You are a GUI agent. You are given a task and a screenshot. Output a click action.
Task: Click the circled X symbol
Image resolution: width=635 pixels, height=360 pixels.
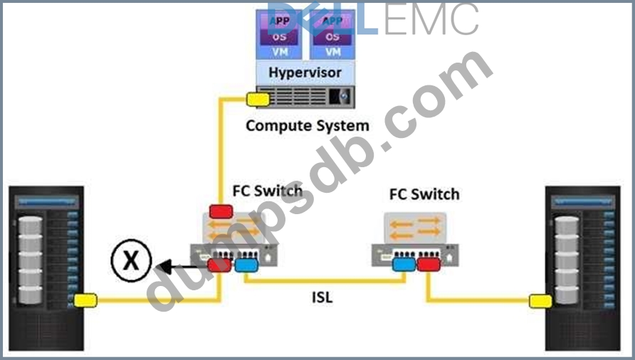click(130, 261)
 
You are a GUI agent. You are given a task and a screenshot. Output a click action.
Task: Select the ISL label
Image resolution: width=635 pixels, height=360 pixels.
click(322, 297)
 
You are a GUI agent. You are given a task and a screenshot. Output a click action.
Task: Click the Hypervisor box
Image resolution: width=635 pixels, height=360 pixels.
click(305, 73)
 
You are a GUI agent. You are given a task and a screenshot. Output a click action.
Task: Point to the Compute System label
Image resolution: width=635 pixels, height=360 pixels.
click(308, 126)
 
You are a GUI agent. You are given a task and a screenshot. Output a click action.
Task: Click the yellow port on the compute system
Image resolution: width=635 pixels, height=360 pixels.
click(257, 100)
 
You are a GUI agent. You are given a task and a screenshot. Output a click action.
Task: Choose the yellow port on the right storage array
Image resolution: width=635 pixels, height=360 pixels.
click(540, 301)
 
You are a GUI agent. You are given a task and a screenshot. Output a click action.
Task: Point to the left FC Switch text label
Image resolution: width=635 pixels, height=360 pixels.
click(267, 191)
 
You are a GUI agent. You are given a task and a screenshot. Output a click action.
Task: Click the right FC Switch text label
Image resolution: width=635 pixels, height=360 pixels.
click(424, 194)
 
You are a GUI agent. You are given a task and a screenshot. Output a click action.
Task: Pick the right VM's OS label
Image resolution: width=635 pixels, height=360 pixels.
click(332, 36)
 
